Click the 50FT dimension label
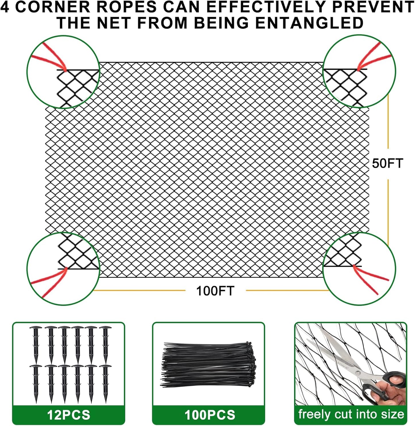click(x=387, y=163)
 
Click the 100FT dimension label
click(x=215, y=291)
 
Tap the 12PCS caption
click(x=69, y=415)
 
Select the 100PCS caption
click(x=210, y=415)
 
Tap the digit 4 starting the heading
click(x=5, y=7)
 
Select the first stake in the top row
click(x=36, y=343)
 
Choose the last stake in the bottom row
click(x=105, y=383)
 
